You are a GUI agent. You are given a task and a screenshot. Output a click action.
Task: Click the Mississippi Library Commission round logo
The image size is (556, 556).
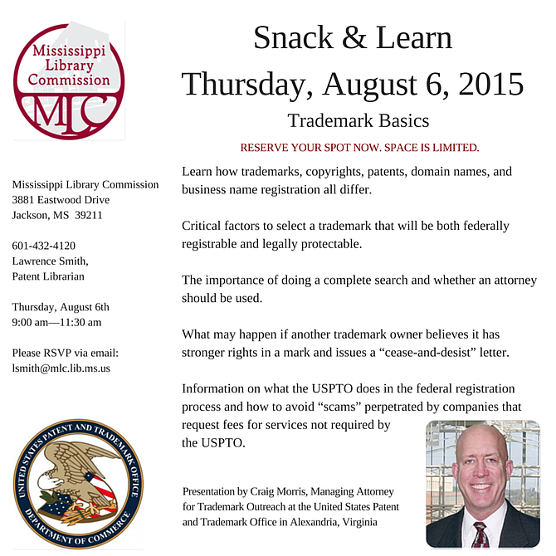click(68, 80)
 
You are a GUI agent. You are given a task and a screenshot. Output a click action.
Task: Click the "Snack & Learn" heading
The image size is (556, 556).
click(353, 37)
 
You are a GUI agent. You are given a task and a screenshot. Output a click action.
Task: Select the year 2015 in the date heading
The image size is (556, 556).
click(483, 84)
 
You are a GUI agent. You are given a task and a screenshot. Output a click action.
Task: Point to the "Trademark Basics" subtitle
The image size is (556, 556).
click(358, 121)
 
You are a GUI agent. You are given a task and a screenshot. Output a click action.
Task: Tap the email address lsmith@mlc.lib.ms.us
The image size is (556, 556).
click(61, 367)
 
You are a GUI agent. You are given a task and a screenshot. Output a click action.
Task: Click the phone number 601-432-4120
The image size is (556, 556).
click(44, 246)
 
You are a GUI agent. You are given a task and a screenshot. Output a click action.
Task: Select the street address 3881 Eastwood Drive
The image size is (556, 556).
click(61, 200)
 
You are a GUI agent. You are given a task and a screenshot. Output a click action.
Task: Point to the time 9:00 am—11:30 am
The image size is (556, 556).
click(57, 322)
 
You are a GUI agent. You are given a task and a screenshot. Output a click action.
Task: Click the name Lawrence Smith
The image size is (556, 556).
click(50, 261)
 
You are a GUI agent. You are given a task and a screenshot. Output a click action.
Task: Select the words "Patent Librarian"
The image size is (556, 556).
click(48, 276)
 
